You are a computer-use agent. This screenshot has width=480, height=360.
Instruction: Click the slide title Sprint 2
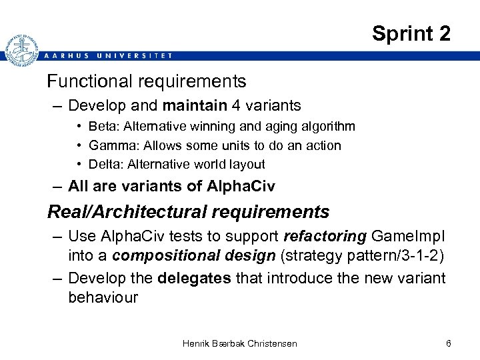tap(411, 33)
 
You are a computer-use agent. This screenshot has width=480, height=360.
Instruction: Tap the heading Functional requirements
tap(146, 81)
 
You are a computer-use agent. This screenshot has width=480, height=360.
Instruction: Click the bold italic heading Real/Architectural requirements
tap(188, 212)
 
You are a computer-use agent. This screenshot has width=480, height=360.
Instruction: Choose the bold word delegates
tap(196, 277)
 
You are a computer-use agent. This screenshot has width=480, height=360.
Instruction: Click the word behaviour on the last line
tap(103, 297)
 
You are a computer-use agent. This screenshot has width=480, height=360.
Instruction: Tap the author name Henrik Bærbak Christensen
tap(240, 343)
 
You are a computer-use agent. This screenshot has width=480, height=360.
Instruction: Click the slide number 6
tap(449, 343)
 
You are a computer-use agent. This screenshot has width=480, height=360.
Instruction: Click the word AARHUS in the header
tap(63, 55)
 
